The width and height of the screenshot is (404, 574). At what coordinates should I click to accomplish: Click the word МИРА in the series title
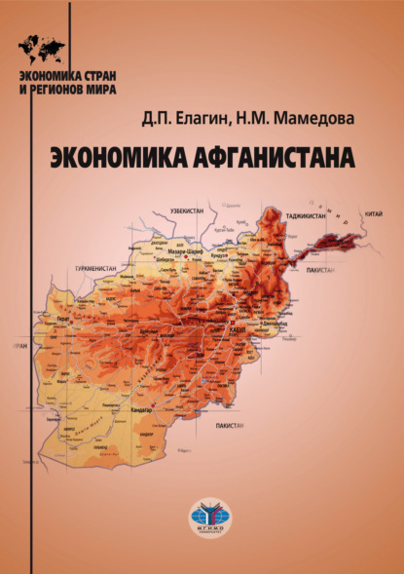tap(102, 88)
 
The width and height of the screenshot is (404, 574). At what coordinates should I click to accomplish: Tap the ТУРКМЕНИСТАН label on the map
tap(96, 264)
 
